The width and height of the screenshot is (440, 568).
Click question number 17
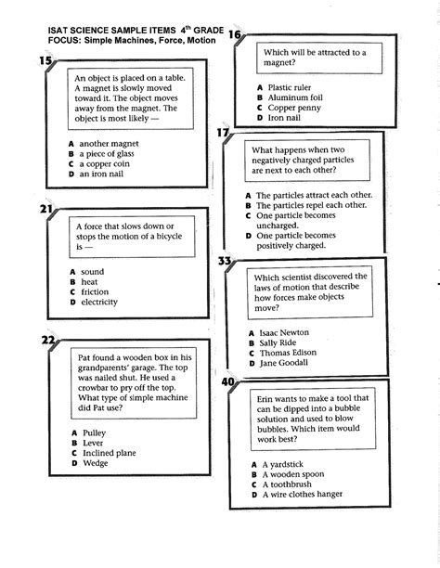click(x=224, y=133)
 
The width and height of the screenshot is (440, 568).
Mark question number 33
click(x=224, y=261)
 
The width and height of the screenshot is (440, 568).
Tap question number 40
click(x=229, y=381)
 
